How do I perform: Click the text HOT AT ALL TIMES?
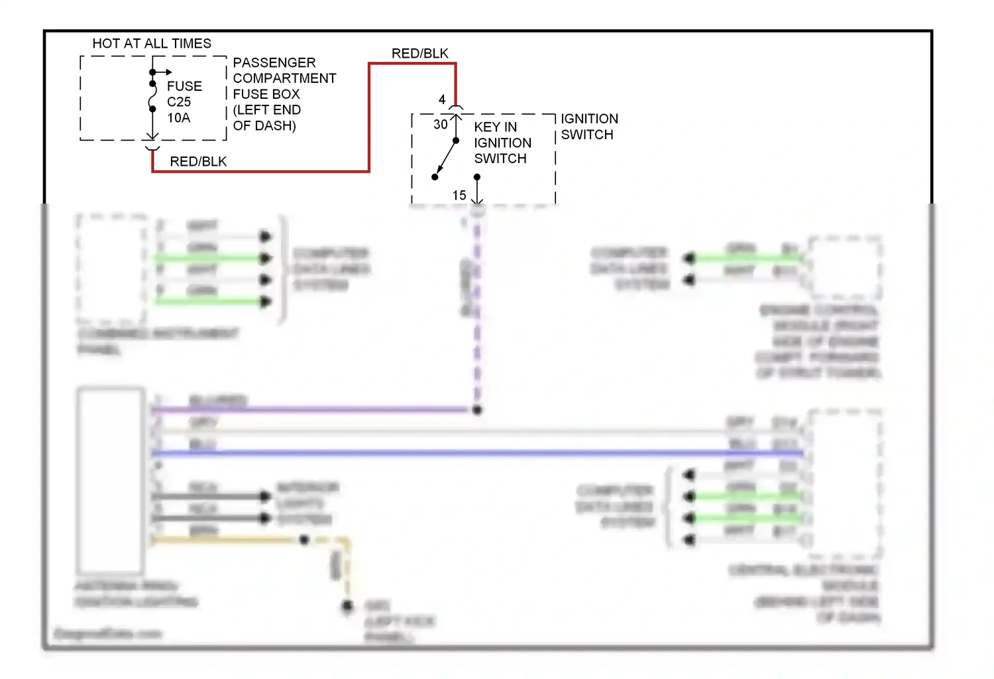(x=152, y=44)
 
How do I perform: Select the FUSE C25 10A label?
(x=184, y=102)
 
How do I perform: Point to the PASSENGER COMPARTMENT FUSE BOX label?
(x=284, y=94)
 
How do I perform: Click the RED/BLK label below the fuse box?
(x=198, y=162)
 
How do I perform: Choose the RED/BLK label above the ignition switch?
(x=419, y=54)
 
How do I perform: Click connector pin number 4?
(x=442, y=100)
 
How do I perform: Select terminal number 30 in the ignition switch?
(x=440, y=125)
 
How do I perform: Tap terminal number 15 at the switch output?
(x=459, y=196)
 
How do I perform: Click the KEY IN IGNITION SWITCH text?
(x=502, y=143)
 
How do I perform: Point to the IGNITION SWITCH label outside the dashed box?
(x=588, y=127)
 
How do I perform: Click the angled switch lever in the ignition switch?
(x=445, y=159)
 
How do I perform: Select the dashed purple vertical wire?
(x=477, y=312)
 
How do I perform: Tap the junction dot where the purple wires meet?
(x=477, y=410)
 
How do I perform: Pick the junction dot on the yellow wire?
(x=304, y=540)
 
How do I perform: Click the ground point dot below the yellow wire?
(x=347, y=606)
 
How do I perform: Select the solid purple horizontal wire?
(x=311, y=410)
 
